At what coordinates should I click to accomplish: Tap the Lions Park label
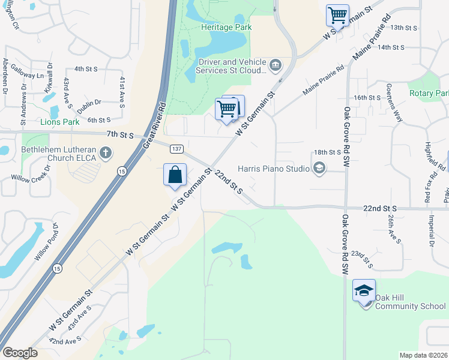click(59, 122)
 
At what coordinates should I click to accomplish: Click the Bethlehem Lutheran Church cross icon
click(106, 152)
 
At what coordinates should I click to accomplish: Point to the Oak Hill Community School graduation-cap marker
click(364, 291)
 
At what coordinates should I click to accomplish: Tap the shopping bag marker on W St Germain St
click(175, 175)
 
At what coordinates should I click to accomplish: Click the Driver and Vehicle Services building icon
click(276, 65)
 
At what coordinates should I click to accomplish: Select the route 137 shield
click(176, 148)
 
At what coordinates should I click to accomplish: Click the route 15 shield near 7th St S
click(122, 171)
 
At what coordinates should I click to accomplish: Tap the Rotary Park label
click(429, 93)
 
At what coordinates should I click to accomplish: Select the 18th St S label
click(327, 153)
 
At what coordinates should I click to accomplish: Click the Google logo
click(20, 353)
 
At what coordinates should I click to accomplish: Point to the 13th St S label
click(403, 28)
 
